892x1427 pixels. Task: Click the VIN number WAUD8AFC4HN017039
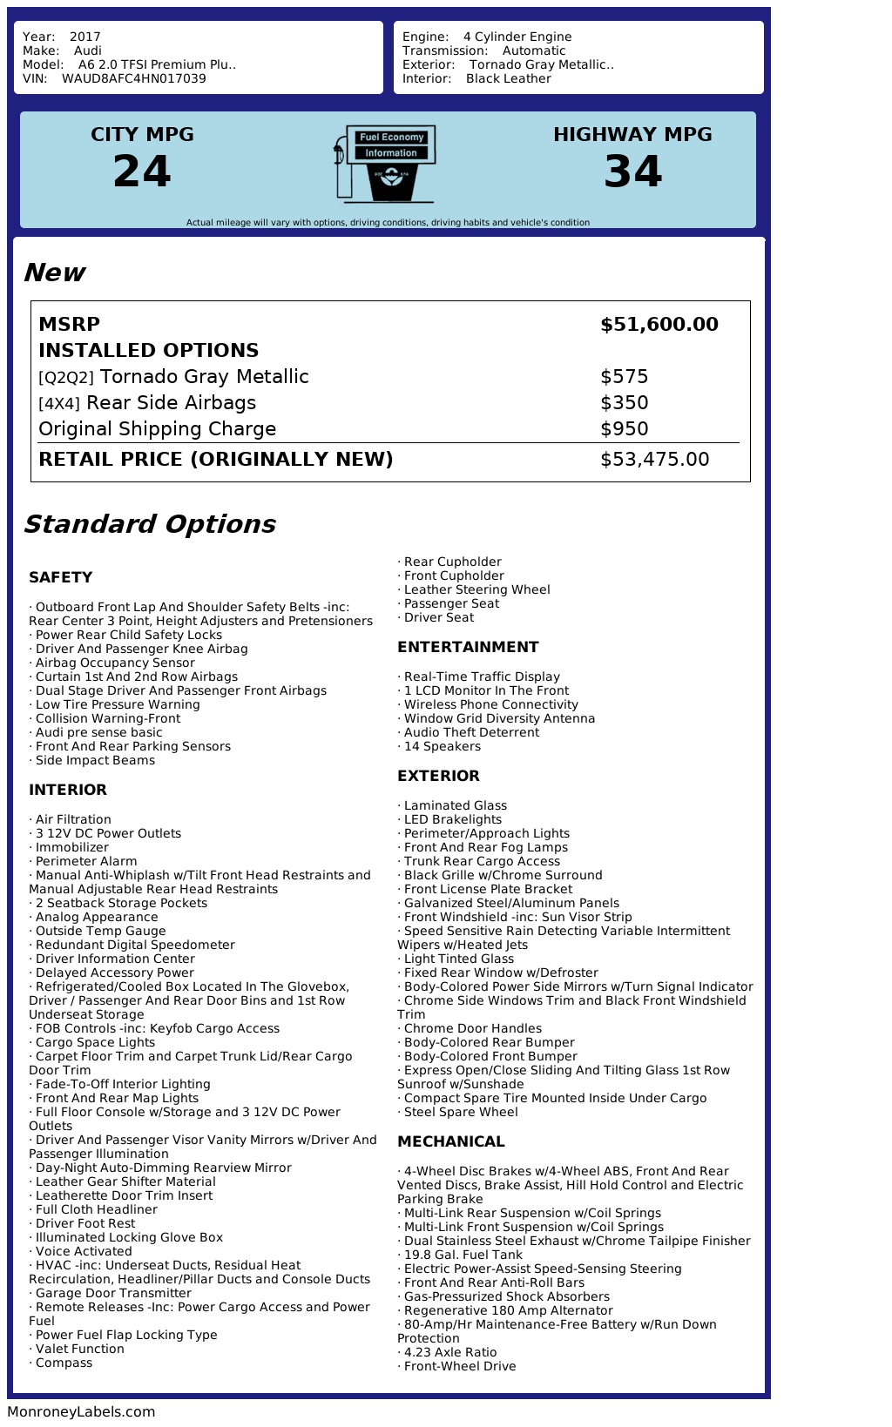pyautogui.click(x=134, y=78)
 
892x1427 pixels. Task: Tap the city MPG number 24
pyautogui.click(x=142, y=172)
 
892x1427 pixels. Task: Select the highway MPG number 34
pyautogui.click(x=632, y=172)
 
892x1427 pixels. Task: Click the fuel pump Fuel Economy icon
pyautogui.click(x=385, y=163)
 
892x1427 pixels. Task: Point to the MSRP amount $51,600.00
pyautogui.click(x=659, y=325)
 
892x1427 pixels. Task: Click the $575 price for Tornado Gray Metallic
pyautogui.click(x=624, y=377)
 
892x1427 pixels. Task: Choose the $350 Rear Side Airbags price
pyautogui.click(x=624, y=403)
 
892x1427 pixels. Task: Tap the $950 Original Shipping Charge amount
pyautogui.click(x=624, y=429)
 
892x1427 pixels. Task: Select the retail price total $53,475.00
pyautogui.click(x=654, y=460)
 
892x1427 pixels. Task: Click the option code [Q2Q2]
pyautogui.click(x=66, y=378)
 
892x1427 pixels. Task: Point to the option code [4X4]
pyautogui.click(x=59, y=404)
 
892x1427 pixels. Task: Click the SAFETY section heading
pyautogui.click(x=60, y=577)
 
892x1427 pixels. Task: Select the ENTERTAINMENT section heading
pyautogui.click(x=468, y=647)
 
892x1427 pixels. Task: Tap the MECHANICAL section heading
pyautogui.click(x=450, y=1141)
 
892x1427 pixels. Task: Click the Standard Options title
pyautogui.click(x=149, y=524)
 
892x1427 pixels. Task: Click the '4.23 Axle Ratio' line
pyautogui.click(x=449, y=1352)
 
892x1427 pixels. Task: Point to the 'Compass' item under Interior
pyautogui.click(x=64, y=1363)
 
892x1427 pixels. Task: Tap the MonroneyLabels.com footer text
pyautogui.click(x=81, y=1412)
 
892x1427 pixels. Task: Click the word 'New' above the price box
pyautogui.click(x=54, y=273)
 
